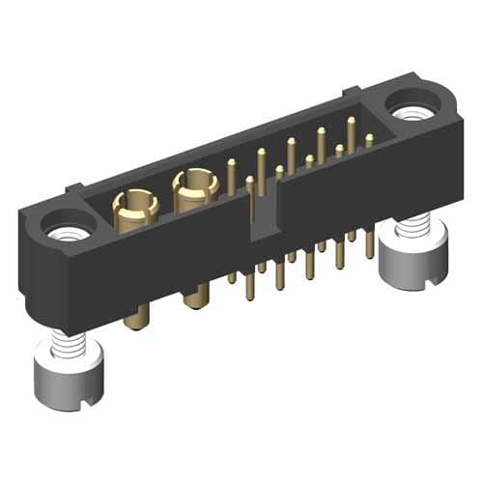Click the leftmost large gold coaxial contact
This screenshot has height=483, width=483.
click(133, 205)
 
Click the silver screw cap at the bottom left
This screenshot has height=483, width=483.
click(63, 378)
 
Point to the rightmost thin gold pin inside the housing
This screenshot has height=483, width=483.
click(369, 142)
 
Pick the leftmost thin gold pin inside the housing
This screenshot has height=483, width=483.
click(231, 178)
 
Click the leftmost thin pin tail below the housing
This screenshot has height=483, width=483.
click(232, 278)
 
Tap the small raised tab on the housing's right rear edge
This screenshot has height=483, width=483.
click(350, 92)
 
